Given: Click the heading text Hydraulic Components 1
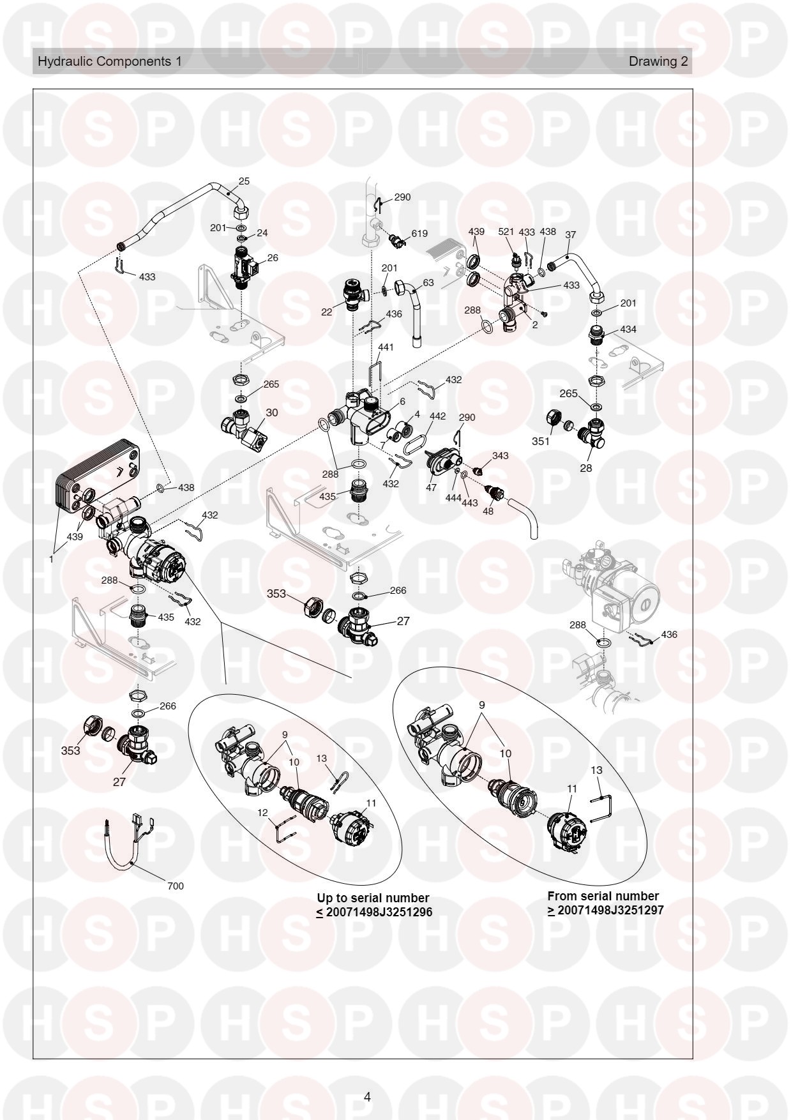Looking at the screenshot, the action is point(110,61).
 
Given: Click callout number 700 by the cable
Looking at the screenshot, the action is point(175,886).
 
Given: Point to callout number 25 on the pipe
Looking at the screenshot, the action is point(244,181).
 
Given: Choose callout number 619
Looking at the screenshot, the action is point(419,234).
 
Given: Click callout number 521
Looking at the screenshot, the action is point(506,232).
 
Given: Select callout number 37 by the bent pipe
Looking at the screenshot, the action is point(571,234).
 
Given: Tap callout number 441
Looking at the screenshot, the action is point(386,347).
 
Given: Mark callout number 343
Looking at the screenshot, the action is point(501,455).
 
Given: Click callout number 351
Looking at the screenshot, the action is point(541,441).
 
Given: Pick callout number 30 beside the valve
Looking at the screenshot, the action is point(272,412).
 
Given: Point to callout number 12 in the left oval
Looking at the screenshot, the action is point(263,812).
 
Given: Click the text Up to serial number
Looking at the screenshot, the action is point(373,898).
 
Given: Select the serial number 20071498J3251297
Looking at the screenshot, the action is point(610,910).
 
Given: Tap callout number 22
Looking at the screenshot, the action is point(327,312).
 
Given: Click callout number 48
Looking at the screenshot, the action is point(488,511).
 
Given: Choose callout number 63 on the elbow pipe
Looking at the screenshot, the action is point(428,282).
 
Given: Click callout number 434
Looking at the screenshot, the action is point(628,329).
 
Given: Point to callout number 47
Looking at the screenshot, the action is point(432,488).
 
